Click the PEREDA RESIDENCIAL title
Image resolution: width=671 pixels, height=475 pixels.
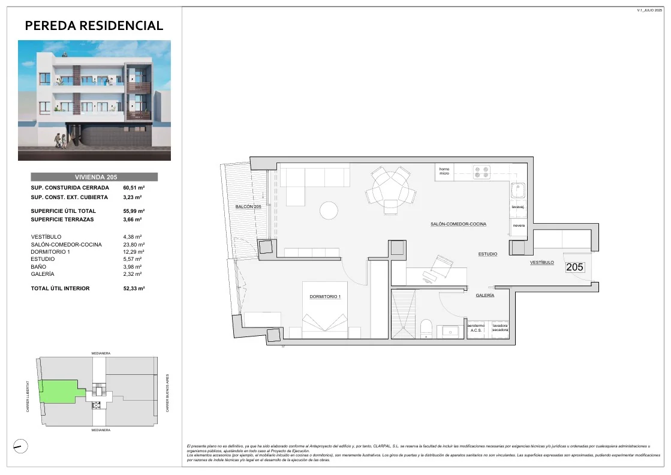click(94, 26)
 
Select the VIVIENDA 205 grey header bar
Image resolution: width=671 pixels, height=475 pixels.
click(94, 177)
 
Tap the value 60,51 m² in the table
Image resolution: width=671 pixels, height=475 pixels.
click(134, 188)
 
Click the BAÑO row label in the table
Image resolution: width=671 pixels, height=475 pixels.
click(40, 267)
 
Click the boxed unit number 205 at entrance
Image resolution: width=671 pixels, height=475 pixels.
click(574, 267)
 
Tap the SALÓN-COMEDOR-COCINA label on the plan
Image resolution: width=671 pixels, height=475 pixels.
click(458, 224)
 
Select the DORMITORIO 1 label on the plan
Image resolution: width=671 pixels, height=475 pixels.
click(325, 297)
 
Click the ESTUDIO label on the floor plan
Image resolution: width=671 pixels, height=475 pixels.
click(488, 254)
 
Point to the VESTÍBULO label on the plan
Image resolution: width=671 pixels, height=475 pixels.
click(546, 263)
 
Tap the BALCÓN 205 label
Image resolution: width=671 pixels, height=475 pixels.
click(249, 207)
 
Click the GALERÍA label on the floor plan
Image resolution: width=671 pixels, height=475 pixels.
click(485, 296)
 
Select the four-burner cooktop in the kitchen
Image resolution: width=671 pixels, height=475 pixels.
click(482, 172)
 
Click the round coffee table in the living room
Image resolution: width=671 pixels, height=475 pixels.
click(329, 211)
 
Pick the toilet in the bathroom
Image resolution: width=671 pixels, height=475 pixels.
click(426, 329)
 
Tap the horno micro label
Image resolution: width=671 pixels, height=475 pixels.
click(444, 172)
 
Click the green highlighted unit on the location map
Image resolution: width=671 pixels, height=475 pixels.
click(57, 392)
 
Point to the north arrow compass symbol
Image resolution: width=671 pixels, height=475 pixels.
click(20, 446)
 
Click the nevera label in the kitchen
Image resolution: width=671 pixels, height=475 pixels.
click(519, 226)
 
